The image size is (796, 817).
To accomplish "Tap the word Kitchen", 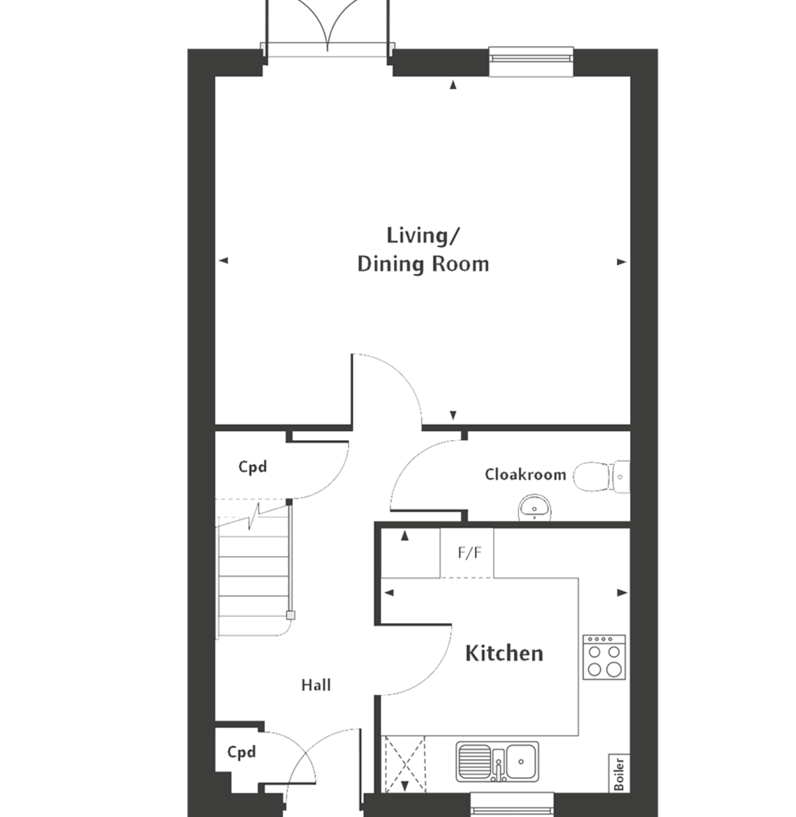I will [504, 654].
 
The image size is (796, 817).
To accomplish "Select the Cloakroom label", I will [525, 475].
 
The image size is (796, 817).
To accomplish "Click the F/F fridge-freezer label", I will [470, 553].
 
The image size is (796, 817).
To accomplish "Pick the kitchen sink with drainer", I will [497, 761].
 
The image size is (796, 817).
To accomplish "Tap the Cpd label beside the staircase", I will [252, 467].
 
